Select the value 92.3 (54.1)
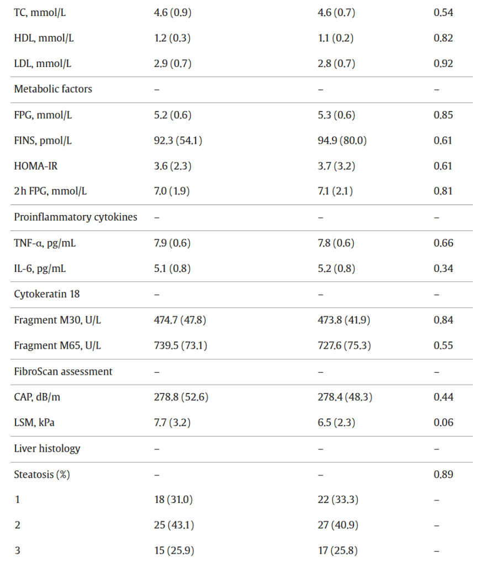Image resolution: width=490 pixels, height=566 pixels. coord(178,140)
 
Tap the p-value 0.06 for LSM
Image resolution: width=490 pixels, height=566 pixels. coord(443,423)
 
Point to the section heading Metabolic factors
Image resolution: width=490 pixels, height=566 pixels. coord(53,89)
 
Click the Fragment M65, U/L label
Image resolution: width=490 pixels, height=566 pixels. coord(57,345)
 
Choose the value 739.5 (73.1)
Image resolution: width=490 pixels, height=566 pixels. coord(180,345)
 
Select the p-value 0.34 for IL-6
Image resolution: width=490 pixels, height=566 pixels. coord(443,269)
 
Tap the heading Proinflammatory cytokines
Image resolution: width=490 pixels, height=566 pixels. coord(76,217)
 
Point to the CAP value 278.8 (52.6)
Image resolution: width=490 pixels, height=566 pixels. coord(181,397)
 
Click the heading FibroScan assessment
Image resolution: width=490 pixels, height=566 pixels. coord(63,371)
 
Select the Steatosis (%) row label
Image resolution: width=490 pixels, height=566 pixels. coord(42,474)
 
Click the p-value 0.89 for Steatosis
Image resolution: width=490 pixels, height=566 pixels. coord(443,474)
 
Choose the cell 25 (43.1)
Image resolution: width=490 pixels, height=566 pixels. coord(173,525)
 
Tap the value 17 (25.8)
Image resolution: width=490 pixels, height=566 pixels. coord(338,551)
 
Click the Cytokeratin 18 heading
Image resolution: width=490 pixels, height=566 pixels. coord(46,294)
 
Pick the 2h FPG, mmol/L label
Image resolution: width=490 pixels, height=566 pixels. coord(50,191)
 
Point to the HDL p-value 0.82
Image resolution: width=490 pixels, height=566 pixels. coord(443,38)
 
